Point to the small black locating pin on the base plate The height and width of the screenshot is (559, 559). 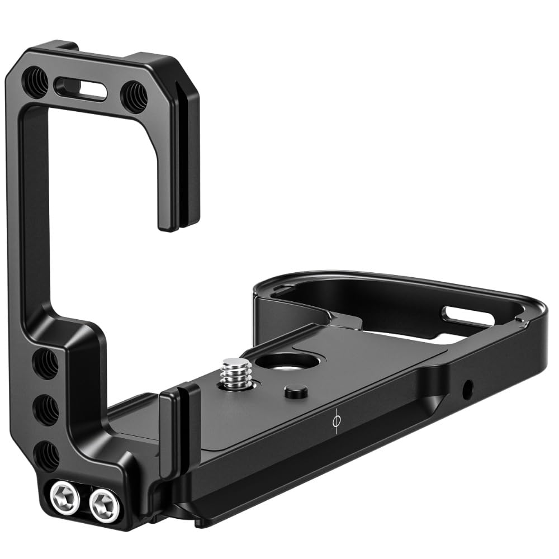coord(292,391)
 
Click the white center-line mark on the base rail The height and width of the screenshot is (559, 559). coord(335,425)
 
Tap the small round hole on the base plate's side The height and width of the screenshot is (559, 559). coord(467,385)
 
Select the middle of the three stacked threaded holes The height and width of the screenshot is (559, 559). coord(46,409)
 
